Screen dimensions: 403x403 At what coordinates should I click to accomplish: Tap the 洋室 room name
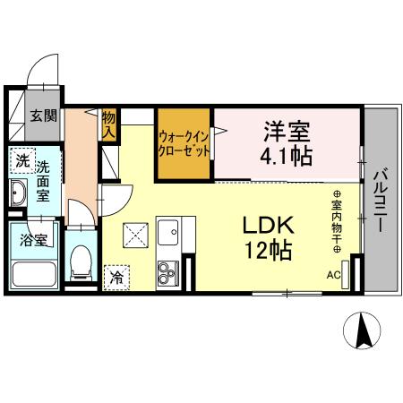[287, 132]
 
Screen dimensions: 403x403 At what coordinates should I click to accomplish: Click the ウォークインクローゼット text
[184, 143]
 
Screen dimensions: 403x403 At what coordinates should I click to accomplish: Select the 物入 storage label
[109, 124]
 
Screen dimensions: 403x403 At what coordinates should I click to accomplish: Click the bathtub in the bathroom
[35, 275]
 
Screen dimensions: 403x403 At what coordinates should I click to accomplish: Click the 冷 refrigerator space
[116, 278]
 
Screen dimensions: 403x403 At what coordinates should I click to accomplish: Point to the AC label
[333, 275]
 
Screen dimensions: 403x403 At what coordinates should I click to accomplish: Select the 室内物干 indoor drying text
[339, 224]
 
